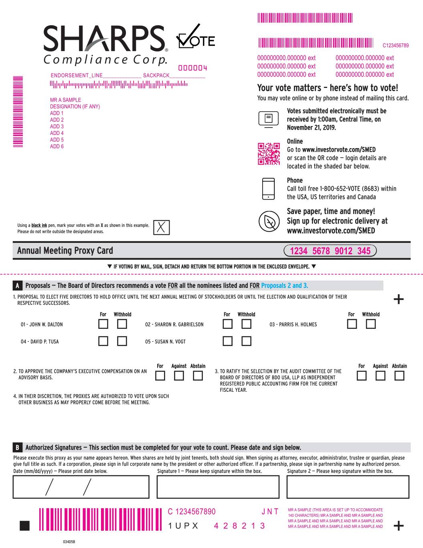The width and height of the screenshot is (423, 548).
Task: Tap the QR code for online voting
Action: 268,154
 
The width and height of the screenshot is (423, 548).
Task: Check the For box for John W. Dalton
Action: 103,324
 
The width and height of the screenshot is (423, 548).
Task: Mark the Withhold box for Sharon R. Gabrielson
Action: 246,324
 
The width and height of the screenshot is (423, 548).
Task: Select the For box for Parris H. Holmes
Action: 352,324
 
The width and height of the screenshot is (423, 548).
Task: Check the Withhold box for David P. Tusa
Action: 122,341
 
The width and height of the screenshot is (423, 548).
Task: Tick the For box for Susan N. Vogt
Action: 227,341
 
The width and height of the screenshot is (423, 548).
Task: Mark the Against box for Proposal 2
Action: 179,376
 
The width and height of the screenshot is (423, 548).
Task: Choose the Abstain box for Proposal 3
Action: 399,376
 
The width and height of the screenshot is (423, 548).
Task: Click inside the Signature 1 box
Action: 218,487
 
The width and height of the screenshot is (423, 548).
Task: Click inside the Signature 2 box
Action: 348,487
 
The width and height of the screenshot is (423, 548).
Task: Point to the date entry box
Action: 81,487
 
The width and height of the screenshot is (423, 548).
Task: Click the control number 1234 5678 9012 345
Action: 330,251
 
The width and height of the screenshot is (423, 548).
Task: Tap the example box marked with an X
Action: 161,227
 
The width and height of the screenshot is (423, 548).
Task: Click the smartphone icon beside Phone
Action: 268,189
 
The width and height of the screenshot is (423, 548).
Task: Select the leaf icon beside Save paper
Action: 268,221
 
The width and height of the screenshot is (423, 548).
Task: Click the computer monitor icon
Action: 268,119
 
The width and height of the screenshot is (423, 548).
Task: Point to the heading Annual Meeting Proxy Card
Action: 65,251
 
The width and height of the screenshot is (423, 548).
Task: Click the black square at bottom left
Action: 24,526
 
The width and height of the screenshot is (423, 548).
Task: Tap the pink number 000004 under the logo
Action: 192,68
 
